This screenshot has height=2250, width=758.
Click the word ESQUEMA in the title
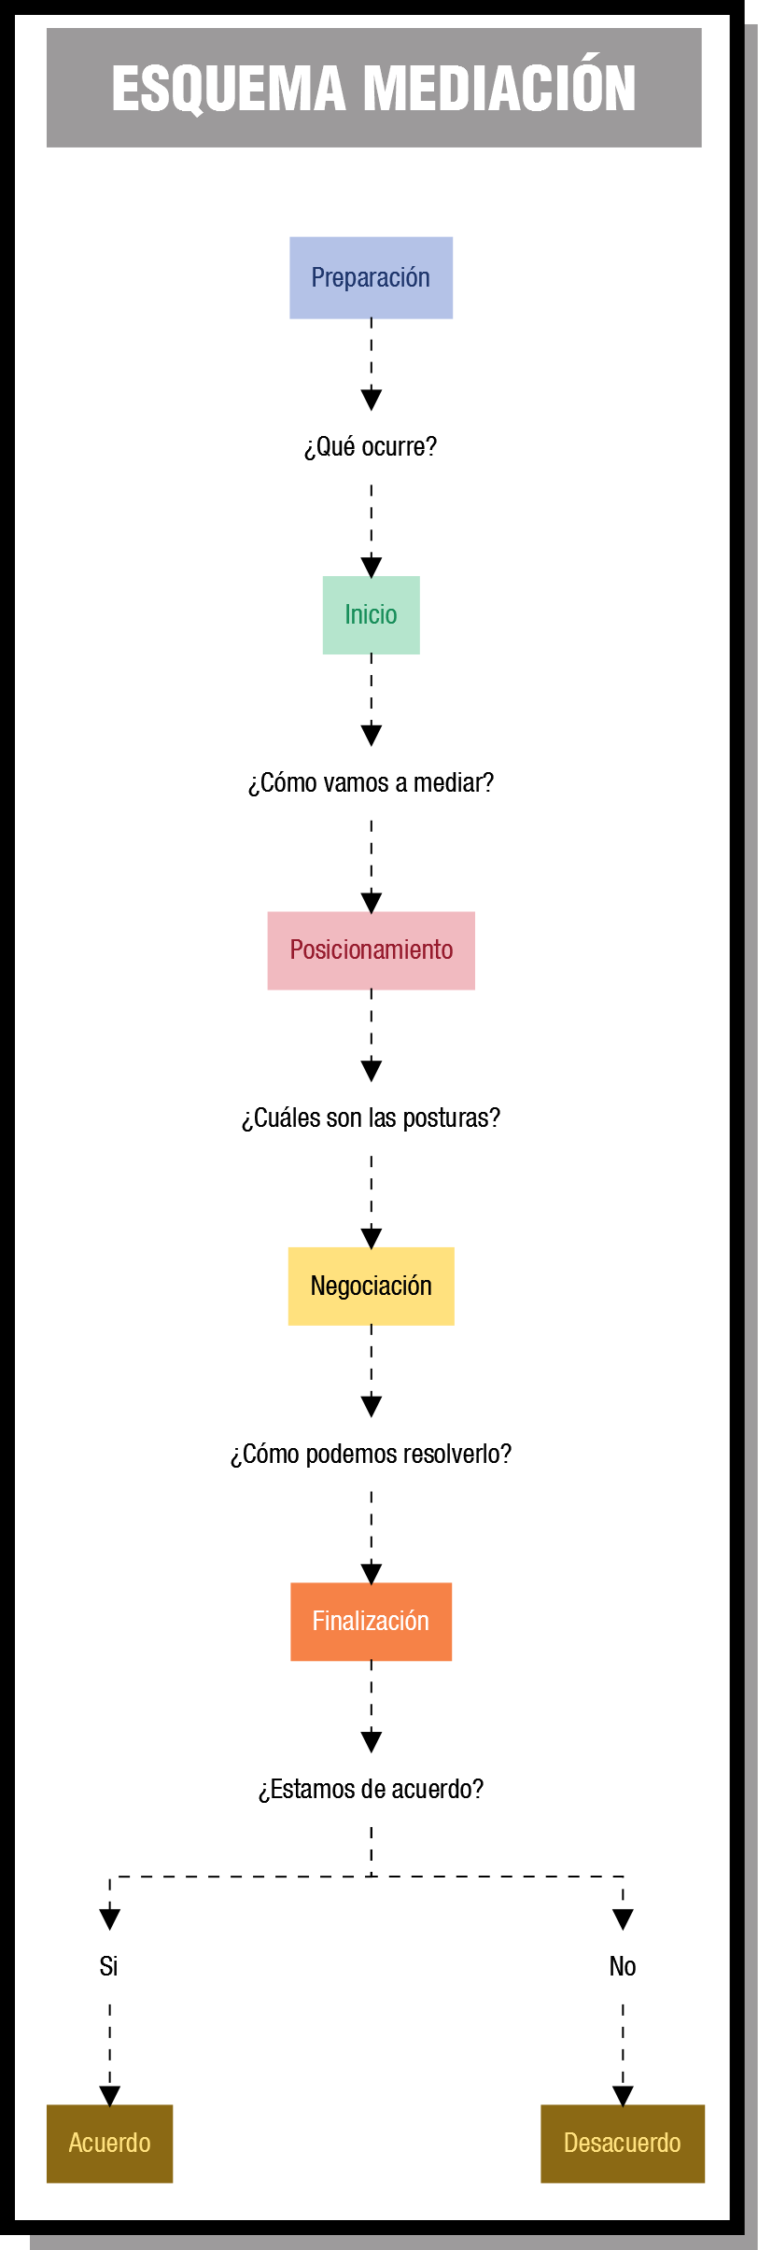229,90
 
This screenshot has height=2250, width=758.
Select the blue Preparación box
371,277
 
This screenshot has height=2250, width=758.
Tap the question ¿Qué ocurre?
371,446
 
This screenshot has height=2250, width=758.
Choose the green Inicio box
371,614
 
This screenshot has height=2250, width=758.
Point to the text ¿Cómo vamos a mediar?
371,782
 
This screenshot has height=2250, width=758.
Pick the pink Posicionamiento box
371,950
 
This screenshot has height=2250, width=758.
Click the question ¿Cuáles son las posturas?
371,1118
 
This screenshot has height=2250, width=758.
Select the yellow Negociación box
371,1286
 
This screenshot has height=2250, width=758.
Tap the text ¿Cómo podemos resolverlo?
371,1454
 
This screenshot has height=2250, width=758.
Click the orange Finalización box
371,1622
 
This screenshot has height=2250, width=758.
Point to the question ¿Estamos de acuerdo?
371,1789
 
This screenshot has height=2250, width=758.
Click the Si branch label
109,1966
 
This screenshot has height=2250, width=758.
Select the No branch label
623,1966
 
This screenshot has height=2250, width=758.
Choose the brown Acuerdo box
109,2144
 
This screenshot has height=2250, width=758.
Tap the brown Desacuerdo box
623,2144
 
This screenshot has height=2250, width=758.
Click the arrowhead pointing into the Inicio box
371,567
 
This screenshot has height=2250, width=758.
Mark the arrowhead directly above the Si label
109,1920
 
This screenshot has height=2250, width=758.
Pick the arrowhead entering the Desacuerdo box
623,2096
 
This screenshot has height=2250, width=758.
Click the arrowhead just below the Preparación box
371,400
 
